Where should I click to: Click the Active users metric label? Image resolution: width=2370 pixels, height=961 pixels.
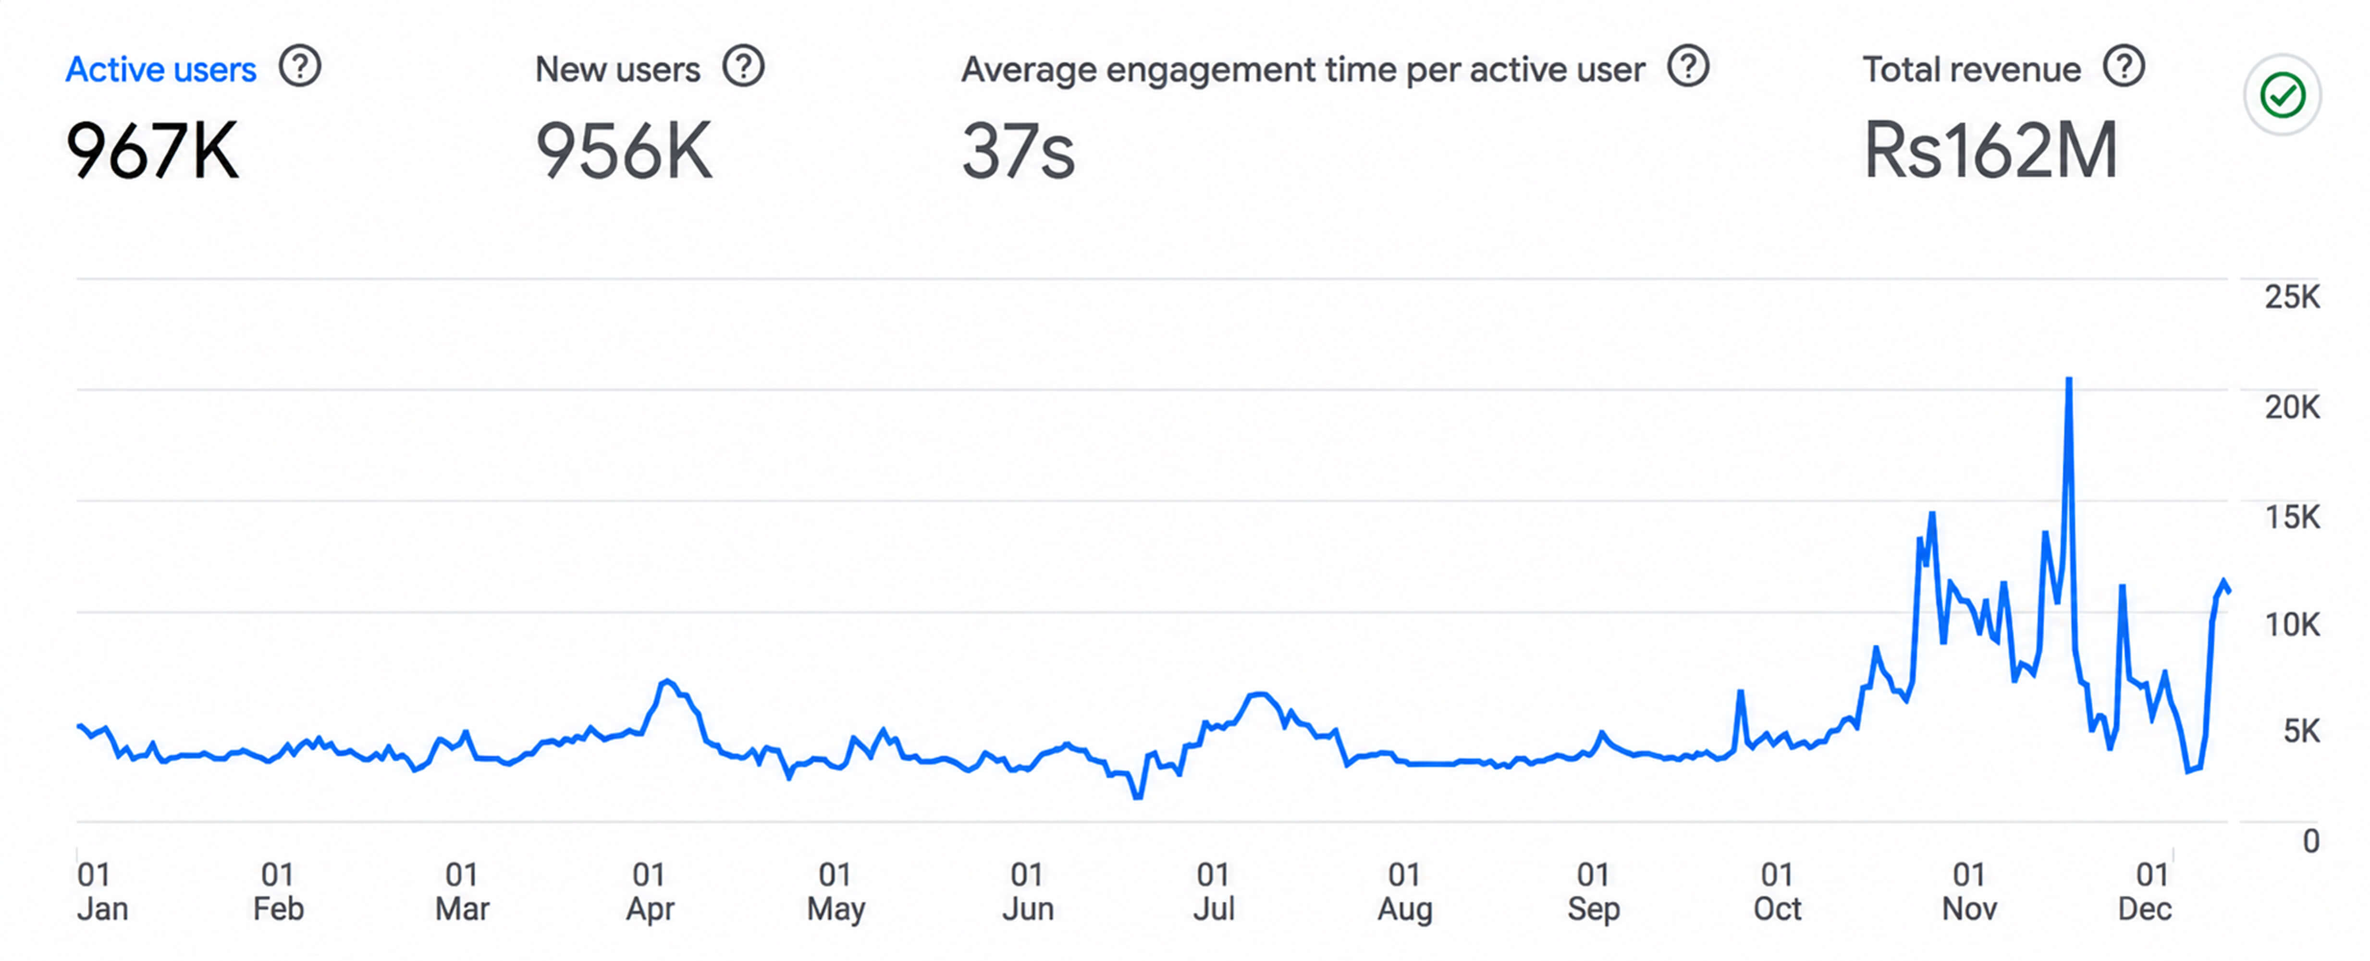click(161, 70)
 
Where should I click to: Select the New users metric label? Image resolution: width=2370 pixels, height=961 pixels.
click(617, 70)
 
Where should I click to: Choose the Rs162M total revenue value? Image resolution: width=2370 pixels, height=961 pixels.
click(1990, 150)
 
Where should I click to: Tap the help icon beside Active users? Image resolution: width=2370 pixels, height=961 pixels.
click(300, 67)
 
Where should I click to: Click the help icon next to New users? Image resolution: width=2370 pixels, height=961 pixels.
click(743, 67)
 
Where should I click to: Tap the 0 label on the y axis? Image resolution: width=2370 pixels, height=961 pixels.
click(2311, 841)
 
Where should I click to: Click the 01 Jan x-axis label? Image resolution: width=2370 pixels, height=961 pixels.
click(102, 891)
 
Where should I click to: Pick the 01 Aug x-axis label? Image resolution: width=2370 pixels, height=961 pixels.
click(1405, 891)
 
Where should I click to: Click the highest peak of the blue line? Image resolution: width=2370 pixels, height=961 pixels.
click(2069, 379)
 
